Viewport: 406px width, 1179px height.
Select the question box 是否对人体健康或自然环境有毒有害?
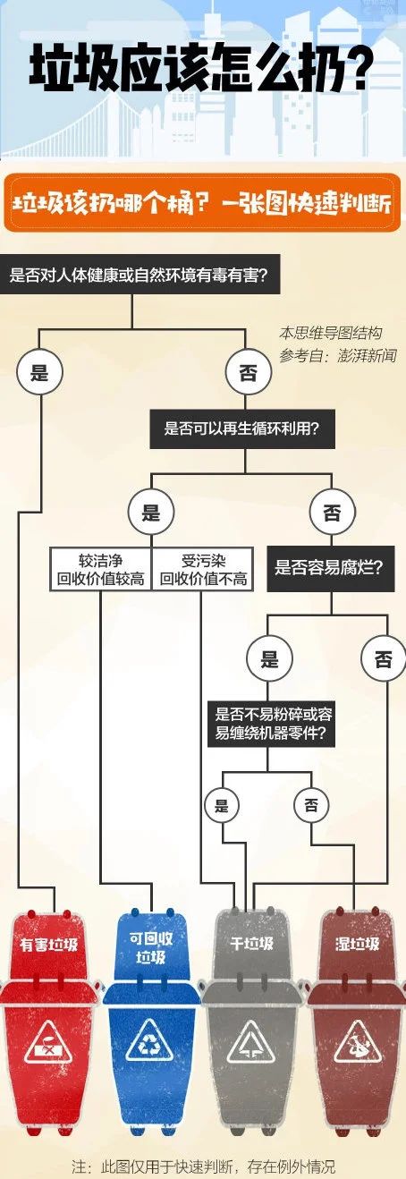coord(140,275)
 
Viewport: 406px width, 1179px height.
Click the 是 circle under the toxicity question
coord(39,372)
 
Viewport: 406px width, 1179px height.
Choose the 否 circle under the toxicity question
coord(249,372)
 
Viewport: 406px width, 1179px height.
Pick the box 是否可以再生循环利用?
coord(242,428)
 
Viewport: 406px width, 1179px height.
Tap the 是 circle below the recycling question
coord(151,512)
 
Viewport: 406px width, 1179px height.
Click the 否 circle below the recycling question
coord(332,512)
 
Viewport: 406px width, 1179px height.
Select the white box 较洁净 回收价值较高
coord(100,569)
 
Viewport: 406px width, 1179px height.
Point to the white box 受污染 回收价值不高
coord(203,569)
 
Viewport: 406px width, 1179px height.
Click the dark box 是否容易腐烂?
coord(331,568)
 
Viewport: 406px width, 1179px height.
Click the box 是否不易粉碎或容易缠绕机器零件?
coord(272,723)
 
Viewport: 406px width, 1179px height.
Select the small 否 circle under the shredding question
coord(311,805)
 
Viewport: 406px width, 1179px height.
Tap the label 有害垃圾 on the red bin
coord(48,943)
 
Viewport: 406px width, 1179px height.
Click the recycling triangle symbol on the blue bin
coord(149,1041)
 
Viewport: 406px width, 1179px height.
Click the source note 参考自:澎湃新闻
coord(337,356)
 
